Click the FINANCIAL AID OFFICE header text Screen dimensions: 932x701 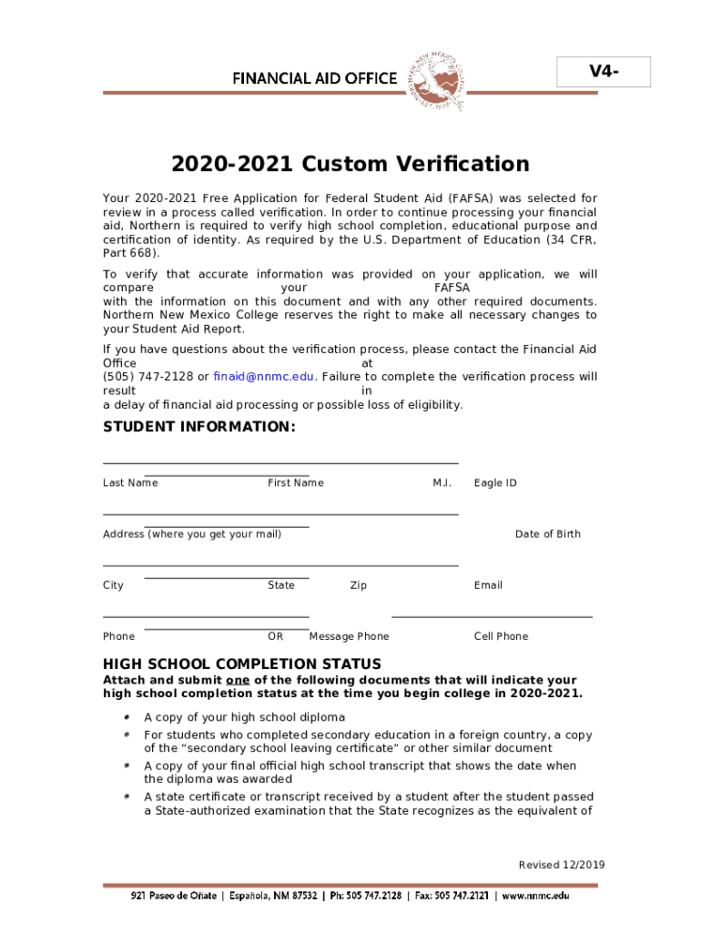pos(314,78)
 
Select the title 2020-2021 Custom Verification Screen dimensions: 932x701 pos(350,165)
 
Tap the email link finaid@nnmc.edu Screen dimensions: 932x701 pos(264,377)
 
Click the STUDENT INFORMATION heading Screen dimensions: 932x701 pos(199,427)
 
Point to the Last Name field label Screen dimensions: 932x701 pos(130,483)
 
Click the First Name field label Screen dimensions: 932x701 pos(295,483)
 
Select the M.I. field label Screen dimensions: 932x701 pos(442,483)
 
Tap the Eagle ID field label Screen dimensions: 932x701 pos(494,483)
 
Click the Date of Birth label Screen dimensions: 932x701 pos(547,534)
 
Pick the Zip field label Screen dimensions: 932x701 pos(358,585)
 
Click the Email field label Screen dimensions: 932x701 pos(488,585)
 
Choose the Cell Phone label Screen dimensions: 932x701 pos(501,637)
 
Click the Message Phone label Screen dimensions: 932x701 pos(349,637)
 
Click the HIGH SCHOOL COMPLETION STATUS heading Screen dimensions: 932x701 pos(242,664)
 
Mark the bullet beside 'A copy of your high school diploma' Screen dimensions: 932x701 pos(127,717)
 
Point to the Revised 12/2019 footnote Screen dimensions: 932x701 pos(562,866)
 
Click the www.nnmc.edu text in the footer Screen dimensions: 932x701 pos(535,897)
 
